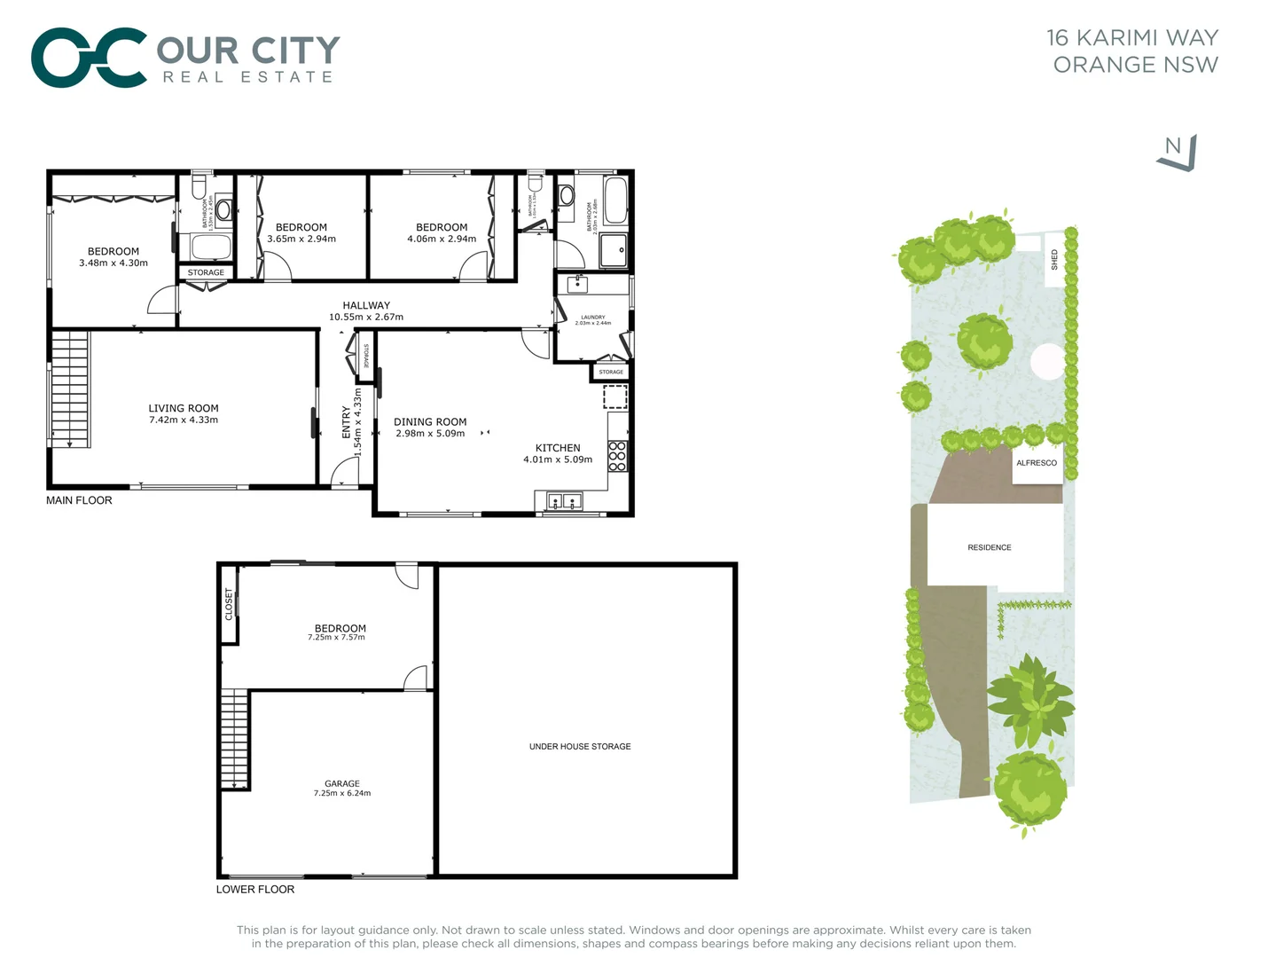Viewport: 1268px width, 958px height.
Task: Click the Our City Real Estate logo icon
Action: tap(89, 58)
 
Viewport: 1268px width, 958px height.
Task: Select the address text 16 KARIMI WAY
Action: tap(1132, 37)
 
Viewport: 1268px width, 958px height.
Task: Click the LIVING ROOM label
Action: tap(184, 408)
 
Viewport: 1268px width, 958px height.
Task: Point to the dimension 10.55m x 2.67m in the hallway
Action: tap(366, 317)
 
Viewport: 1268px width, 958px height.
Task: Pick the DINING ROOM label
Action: tap(430, 422)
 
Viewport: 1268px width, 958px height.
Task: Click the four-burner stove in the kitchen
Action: tap(617, 455)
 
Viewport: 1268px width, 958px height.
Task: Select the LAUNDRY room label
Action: tap(593, 317)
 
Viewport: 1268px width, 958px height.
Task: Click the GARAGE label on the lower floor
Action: tap(342, 783)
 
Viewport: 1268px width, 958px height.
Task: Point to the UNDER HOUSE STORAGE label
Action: tap(580, 746)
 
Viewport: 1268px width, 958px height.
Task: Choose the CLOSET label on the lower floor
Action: tap(229, 604)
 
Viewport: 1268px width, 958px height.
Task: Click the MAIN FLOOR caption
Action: tap(79, 500)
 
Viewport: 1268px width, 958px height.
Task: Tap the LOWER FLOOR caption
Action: tap(255, 889)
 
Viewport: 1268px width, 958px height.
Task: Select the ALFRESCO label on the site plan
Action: tap(1037, 463)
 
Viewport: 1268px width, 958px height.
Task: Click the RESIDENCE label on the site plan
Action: tap(990, 547)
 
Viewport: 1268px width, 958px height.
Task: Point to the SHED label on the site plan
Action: tap(1054, 259)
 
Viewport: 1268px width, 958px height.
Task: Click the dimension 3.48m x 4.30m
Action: tap(113, 263)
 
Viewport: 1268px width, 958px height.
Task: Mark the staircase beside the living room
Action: tap(70, 389)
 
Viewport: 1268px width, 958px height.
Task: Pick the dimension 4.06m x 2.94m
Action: tap(442, 239)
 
